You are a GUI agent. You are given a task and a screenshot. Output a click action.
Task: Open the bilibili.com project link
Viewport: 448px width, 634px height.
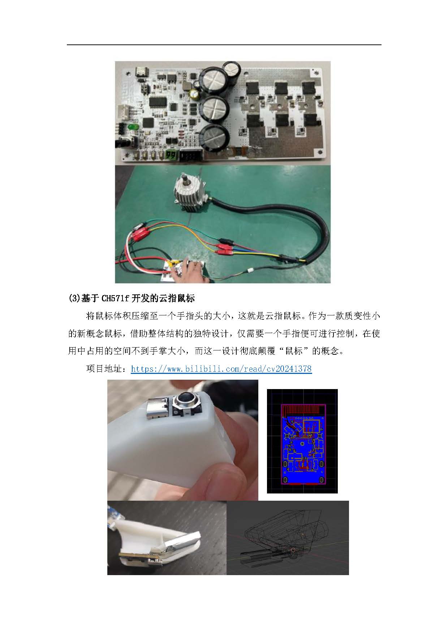221,369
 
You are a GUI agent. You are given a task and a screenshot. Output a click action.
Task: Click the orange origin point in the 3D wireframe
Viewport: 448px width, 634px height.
293,550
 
